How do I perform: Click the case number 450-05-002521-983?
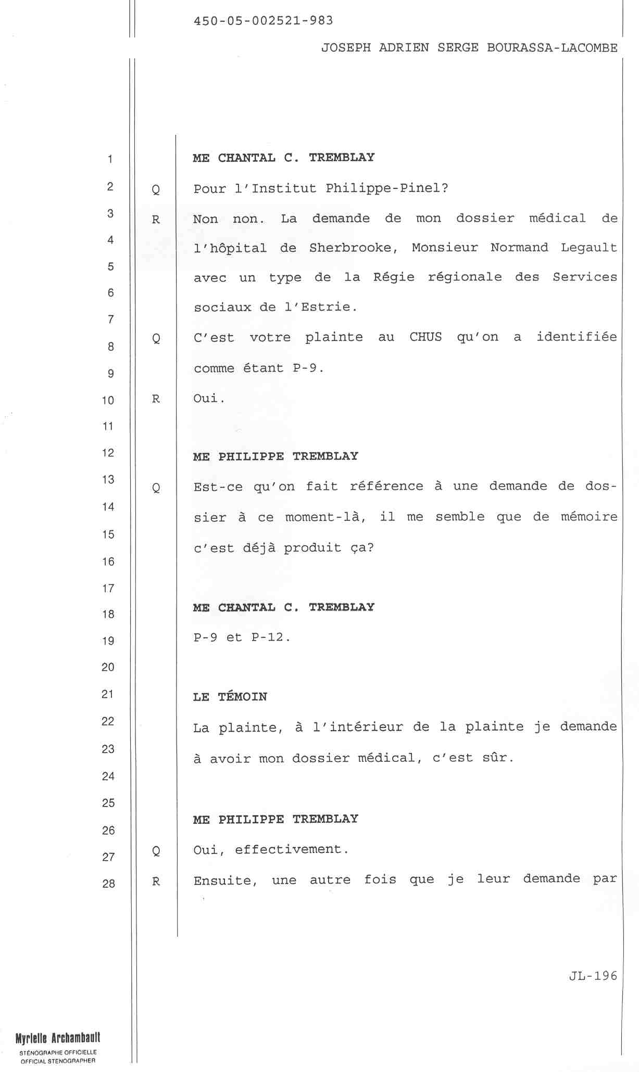263,21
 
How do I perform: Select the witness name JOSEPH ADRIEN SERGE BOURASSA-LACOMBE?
469,48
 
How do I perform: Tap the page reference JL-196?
593,976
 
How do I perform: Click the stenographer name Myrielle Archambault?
58,1038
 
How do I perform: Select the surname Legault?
588,248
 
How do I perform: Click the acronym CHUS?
425,337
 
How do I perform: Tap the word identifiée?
577,337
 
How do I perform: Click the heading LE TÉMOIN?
230,697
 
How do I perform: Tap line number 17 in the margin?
108,589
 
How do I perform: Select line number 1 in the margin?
110,159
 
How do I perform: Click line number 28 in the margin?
108,883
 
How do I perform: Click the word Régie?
394,277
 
